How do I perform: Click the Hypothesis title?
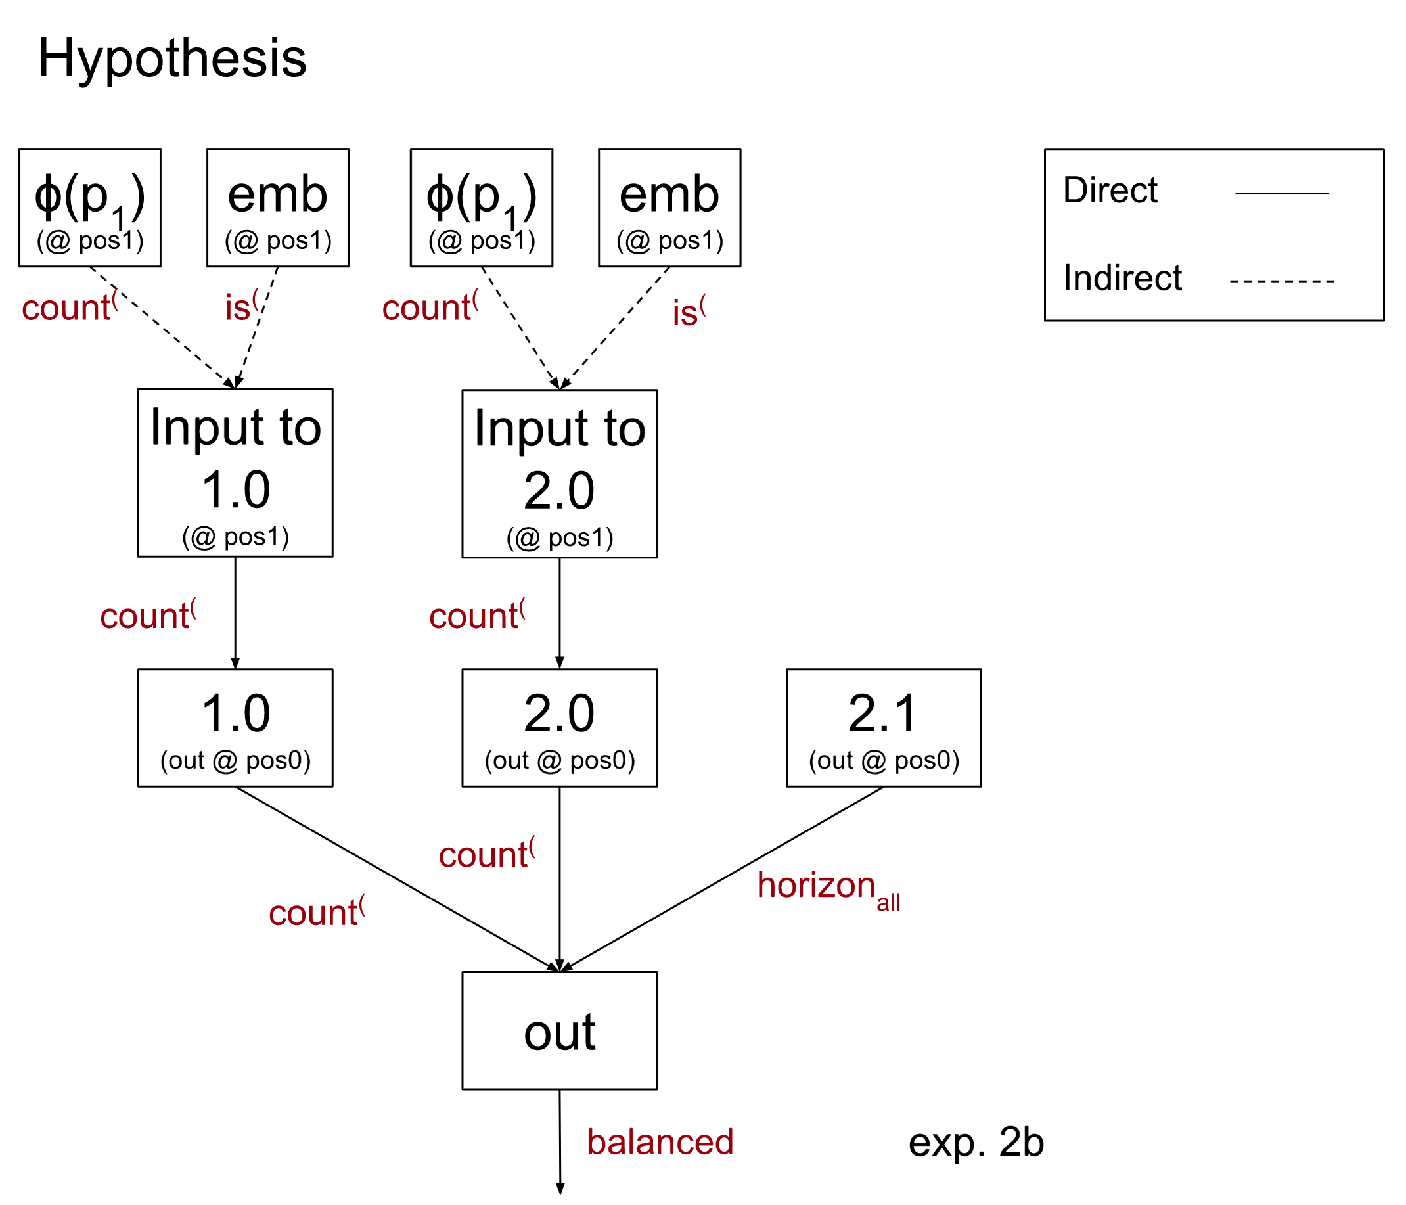(171, 58)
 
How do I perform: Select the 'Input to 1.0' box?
(235, 473)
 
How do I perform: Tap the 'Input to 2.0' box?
(559, 474)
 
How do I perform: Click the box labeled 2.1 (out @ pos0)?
(884, 728)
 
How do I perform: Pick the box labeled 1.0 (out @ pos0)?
(235, 728)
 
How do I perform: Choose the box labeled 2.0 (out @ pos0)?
(559, 728)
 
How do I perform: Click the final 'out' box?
(559, 1031)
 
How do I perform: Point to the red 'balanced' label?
(660, 1142)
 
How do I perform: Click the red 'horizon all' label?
(828, 888)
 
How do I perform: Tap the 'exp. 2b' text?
(976, 1143)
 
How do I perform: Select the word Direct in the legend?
(1110, 190)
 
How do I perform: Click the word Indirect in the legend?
(1122, 278)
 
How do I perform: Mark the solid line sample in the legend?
(1282, 193)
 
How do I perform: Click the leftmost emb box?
(277, 208)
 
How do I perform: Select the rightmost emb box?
(669, 208)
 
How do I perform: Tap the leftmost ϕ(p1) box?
(89, 208)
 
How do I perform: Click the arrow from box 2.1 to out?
(723, 879)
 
